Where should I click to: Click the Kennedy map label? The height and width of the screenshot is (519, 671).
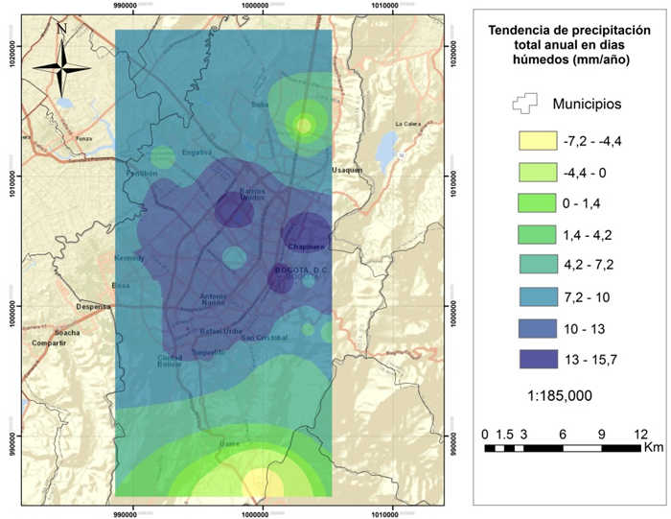coord(128,259)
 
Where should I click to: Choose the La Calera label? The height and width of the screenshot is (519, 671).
coord(409,124)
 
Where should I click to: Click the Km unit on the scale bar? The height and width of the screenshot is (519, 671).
coord(653,447)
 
